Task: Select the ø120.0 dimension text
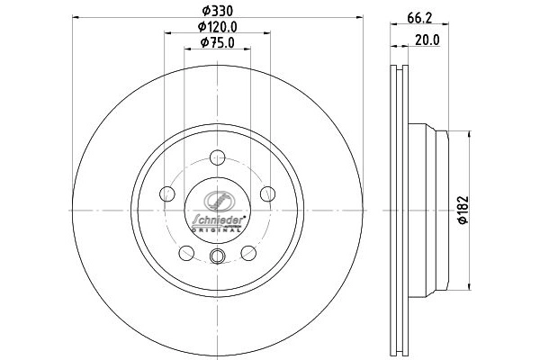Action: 216,26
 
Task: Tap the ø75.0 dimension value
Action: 216,42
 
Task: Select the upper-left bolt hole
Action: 166,193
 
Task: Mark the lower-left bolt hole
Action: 186,251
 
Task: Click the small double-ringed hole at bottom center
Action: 216,259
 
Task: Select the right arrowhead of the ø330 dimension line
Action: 360,17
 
